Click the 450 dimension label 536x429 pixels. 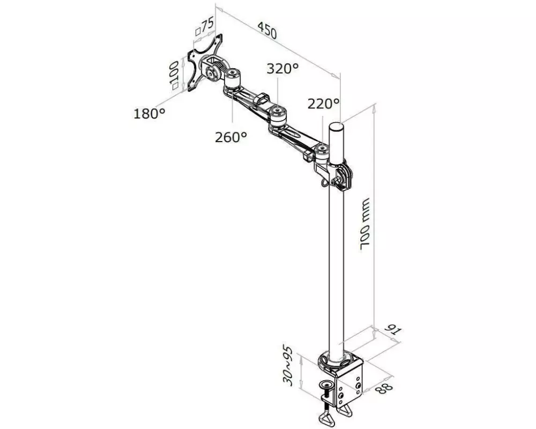[x=267, y=31]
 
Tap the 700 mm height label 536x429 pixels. [x=365, y=224]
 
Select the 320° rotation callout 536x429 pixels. [x=282, y=69]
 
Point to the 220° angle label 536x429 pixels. [x=323, y=103]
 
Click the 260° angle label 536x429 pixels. [x=230, y=137]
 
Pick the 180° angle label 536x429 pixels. [x=150, y=113]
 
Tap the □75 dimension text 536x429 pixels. [x=204, y=26]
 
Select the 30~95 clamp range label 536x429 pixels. [x=288, y=366]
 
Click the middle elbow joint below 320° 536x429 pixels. [x=278, y=116]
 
